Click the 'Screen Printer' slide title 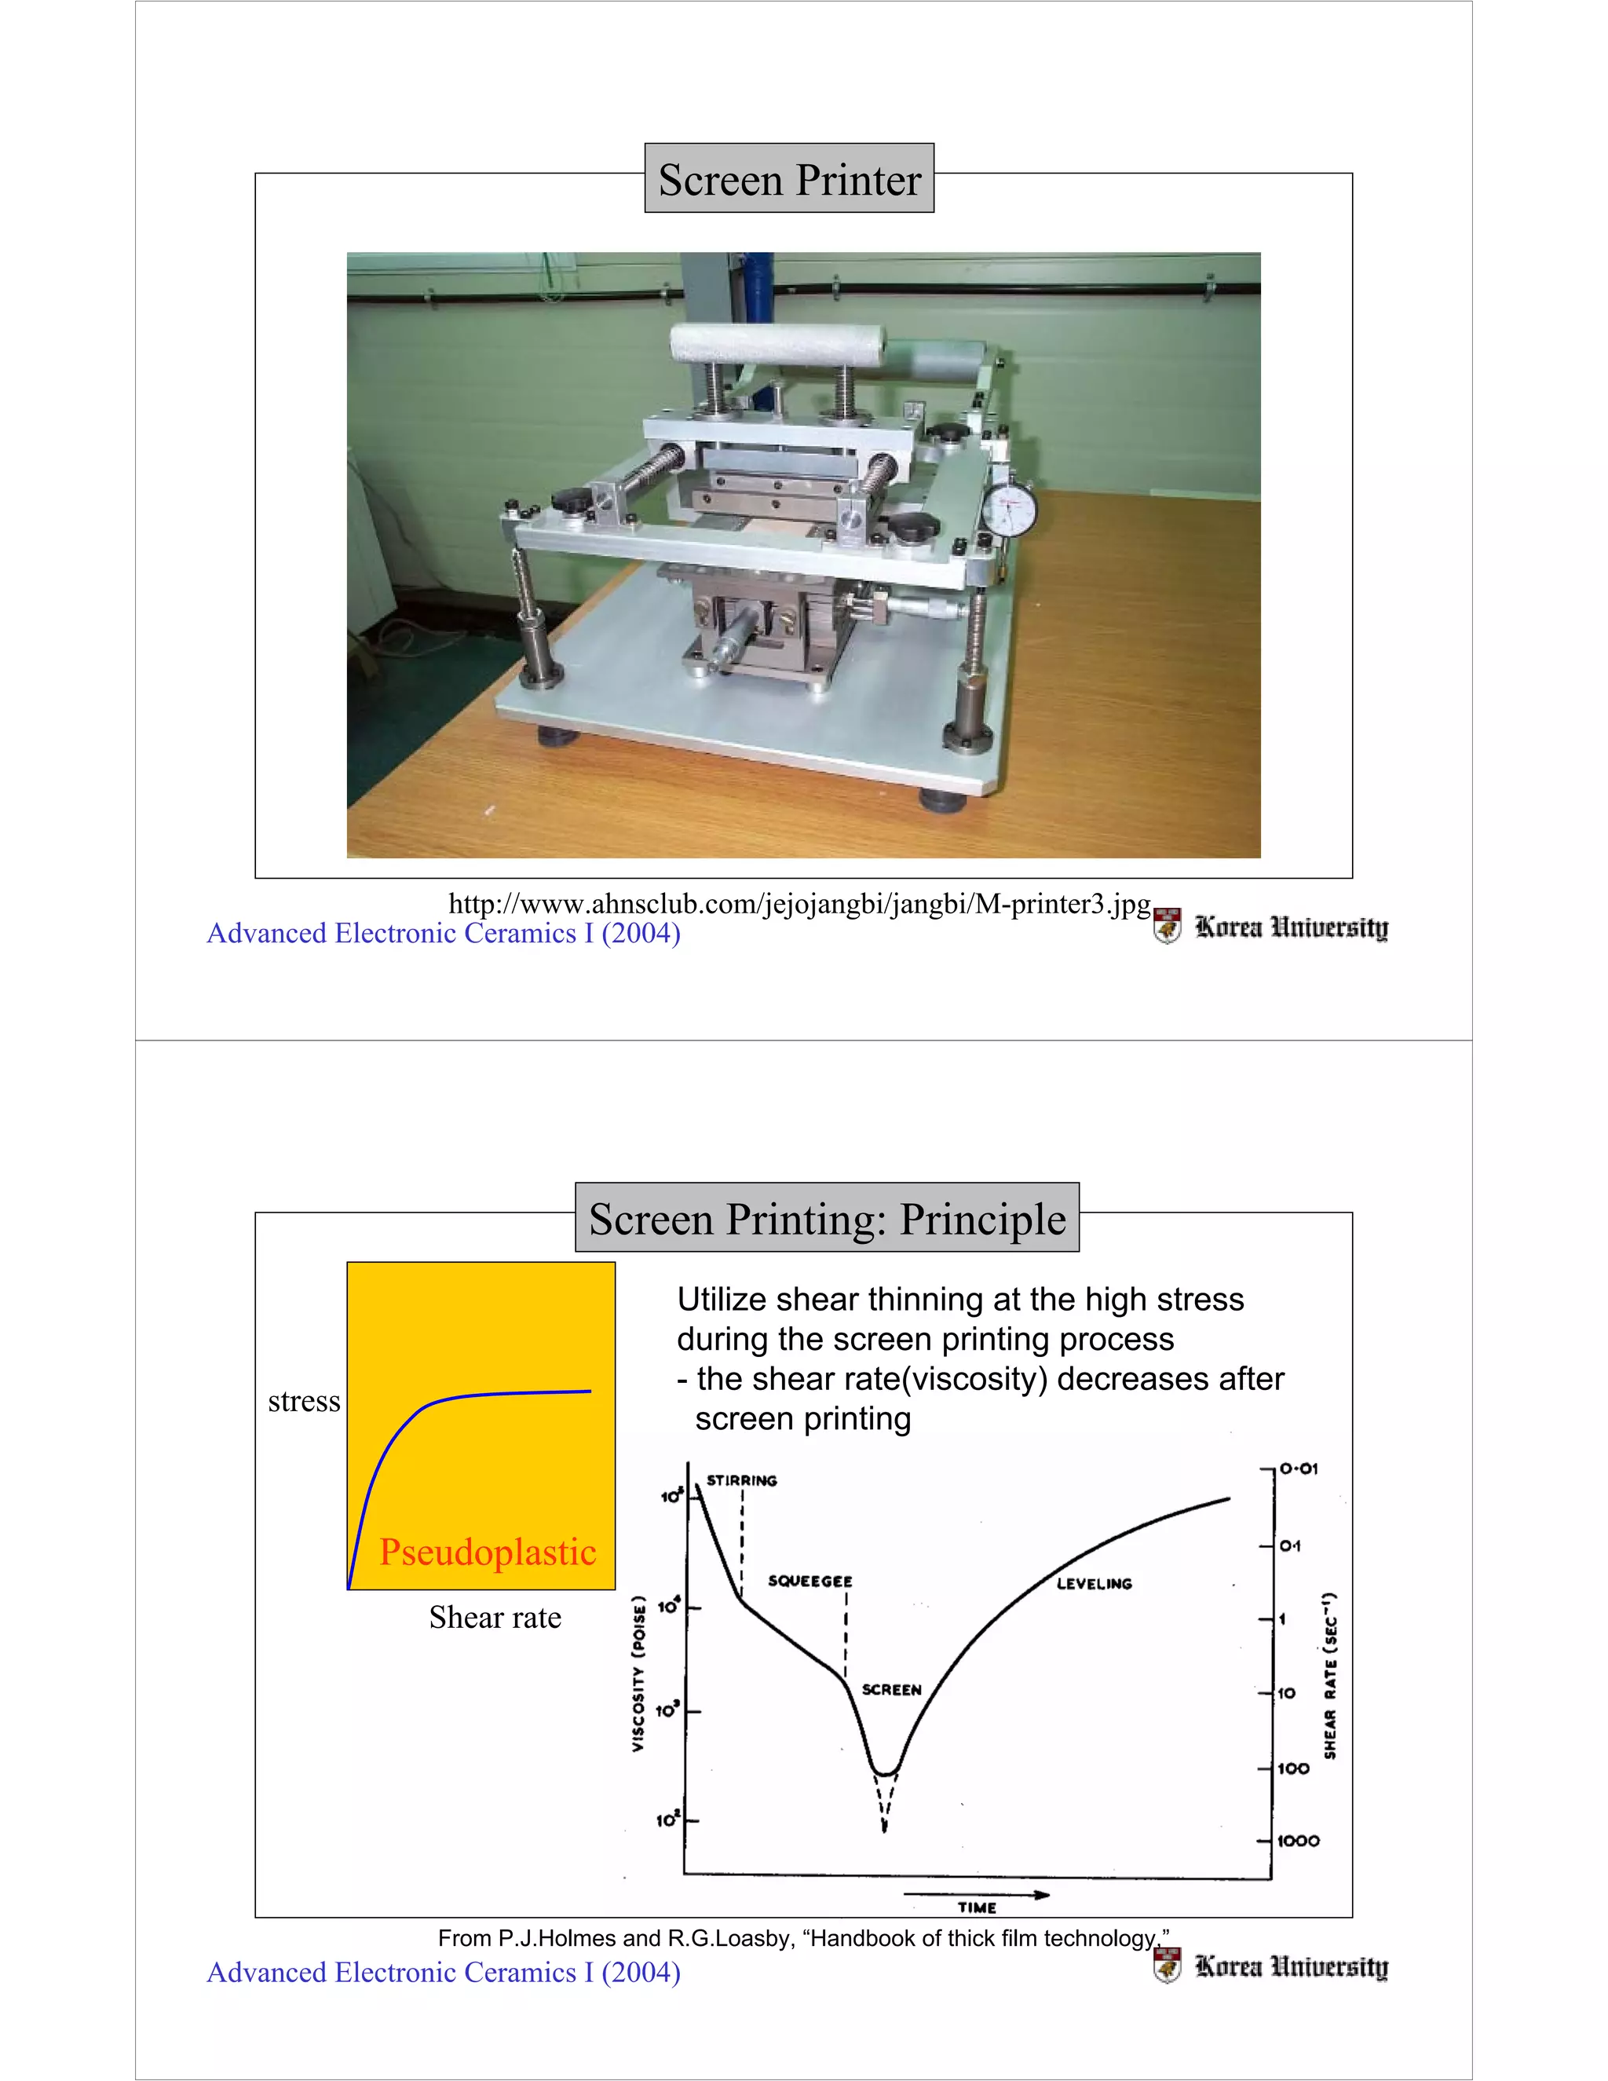pyautogui.click(x=789, y=179)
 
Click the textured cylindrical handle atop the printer pyautogui.click(x=777, y=344)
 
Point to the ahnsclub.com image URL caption pyautogui.click(x=799, y=903)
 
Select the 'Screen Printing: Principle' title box pyautogui.click(x=827, y=1218)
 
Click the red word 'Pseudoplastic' pyautogui.click(x=488, y=1553)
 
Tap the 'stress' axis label pyautogui.click(x=304, y=1401)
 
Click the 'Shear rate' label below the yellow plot pyautogui.click(x=495, y=1617)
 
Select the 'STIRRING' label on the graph pyautogui.click(x=741, y=1481)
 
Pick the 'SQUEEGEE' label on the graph pyautogui.click(x=809, y=1582)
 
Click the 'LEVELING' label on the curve pyautogui.click(x=1094, y=1584)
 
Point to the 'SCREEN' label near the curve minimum pyautogui.click(x=890, y=1689)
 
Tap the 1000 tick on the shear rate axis pyautogui.click(x=1297, y=1841)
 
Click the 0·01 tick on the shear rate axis pyautogui.click(x=1299, y=1469)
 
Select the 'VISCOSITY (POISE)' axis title pyautogui.click(x=639, y=1673)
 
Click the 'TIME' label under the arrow pyautogui.click(x=977, y=1907)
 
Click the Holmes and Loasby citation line pyautogui.click(x=803, y=1938)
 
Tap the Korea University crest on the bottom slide pyautogui.click(x=1167, y=1964)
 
